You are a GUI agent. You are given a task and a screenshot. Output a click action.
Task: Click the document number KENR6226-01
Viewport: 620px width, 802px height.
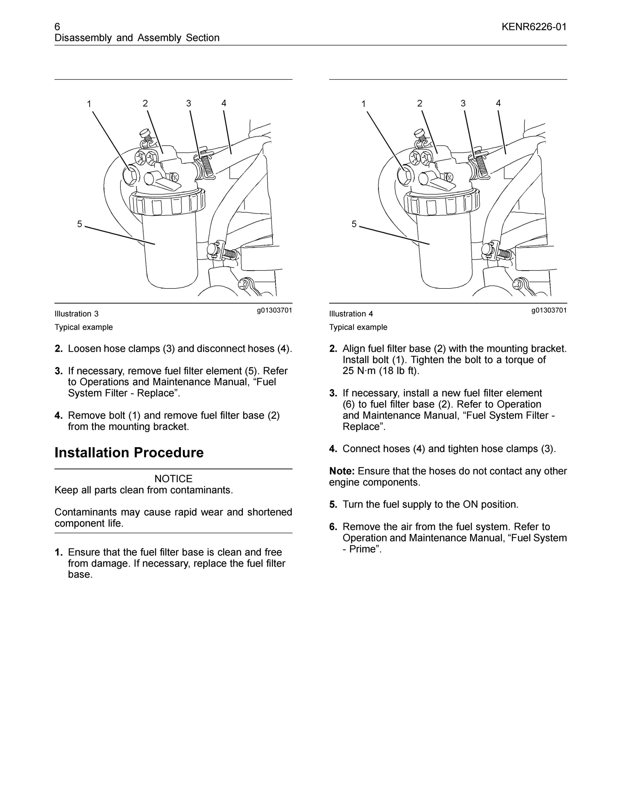coord(534,27)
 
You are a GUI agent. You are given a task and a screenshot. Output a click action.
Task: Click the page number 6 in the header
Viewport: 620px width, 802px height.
coord(57,27)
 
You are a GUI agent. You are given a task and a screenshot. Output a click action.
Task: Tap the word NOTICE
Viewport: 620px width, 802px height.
coord(173,479)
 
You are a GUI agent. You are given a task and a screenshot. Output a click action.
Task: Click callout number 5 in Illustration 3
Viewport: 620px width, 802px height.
coord(80,224)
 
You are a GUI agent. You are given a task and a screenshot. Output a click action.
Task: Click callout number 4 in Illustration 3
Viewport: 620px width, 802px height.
coord(224,103)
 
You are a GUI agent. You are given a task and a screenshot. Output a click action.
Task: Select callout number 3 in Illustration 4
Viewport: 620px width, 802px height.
coord(463,103)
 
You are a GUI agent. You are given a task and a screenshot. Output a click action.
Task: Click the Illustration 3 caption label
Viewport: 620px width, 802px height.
coord(76,314)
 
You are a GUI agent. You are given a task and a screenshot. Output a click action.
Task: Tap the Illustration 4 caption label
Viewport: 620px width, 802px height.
coord(351,314)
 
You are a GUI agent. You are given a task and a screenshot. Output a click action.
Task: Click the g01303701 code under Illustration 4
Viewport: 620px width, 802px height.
coord(549,310)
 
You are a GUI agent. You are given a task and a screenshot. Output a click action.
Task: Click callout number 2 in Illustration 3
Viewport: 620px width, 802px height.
coord(146,103)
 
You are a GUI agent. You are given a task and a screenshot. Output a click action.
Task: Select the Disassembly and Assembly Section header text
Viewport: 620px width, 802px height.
coord(137,38)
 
